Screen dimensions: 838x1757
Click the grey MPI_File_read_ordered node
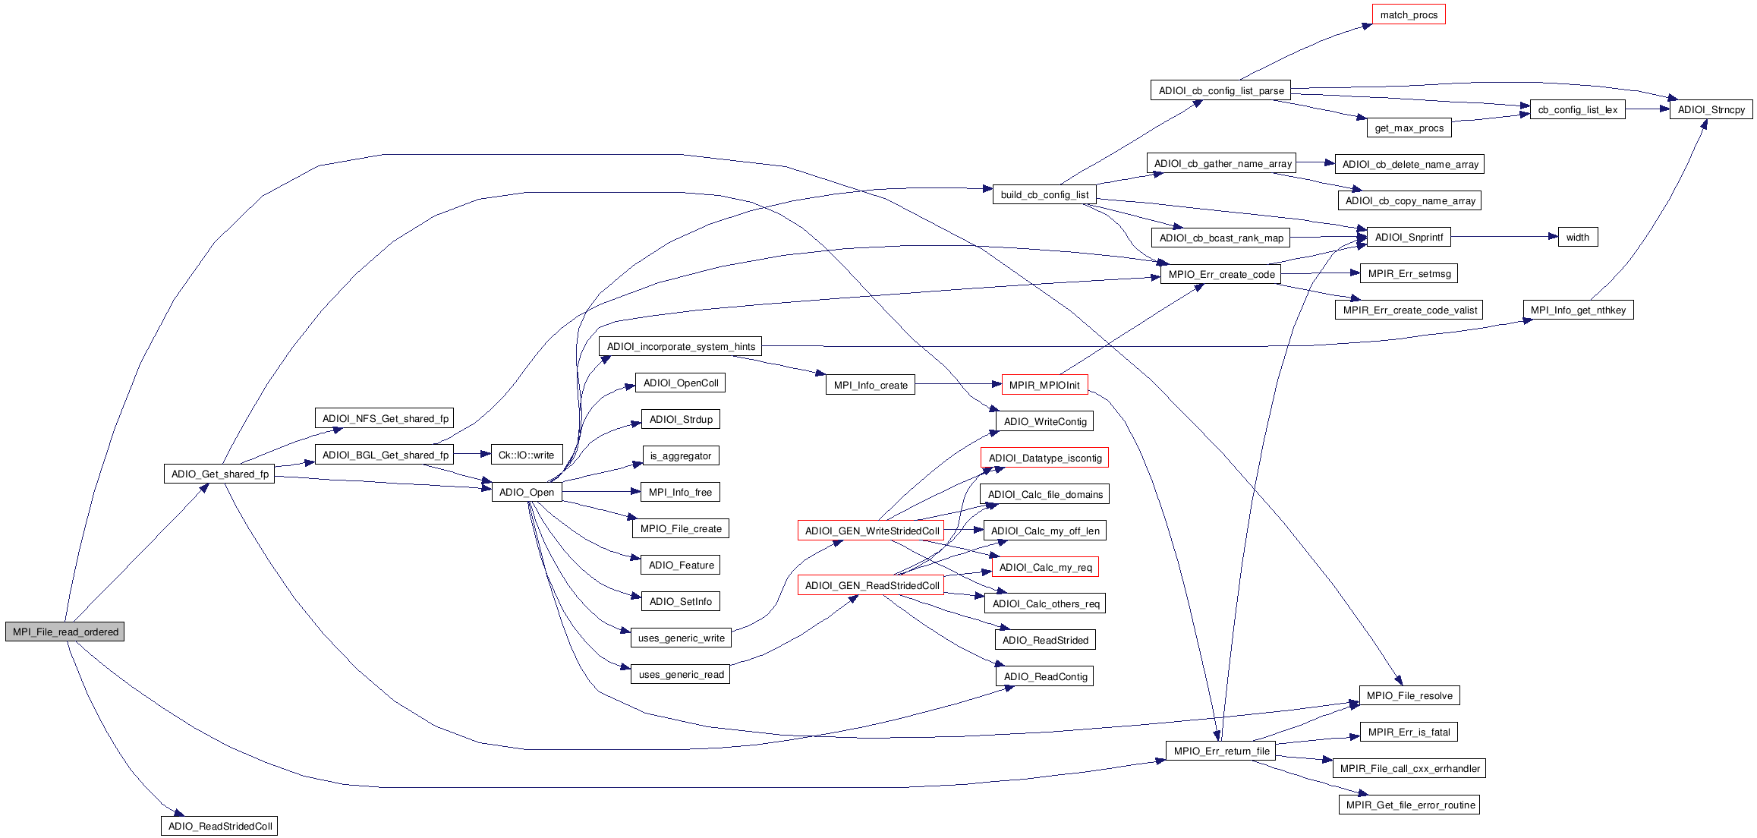(x=65, y=632)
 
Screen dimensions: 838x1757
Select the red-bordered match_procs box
(x=1409, y=14)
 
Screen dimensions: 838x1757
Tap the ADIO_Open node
(x=527, y=492)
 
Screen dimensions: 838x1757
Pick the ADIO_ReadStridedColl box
(x=219, y=826)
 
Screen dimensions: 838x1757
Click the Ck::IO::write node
(x=526, y=455)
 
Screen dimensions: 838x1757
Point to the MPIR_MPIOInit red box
(x=1044, y=385)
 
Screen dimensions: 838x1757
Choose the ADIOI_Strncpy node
(x=1711, y=109)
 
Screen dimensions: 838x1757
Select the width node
(x=1577, y=237)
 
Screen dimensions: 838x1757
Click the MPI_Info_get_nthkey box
(x=1578, y=310)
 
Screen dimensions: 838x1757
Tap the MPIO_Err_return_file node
(x=1221, y=751)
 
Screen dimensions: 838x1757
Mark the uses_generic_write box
(x=681, y=638)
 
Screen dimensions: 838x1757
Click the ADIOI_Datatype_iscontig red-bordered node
(x=1044, y=458)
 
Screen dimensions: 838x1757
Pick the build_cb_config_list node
(x=1044, y=194)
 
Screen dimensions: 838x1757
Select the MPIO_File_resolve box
(x=1409, y=695)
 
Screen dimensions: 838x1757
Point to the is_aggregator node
(x=681, y=455)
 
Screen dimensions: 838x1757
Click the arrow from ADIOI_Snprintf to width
(x=1504, y=237)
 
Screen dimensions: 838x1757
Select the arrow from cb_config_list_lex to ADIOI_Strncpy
(x=1647, y=109)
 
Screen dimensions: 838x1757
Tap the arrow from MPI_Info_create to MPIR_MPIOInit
(x=958, y=385)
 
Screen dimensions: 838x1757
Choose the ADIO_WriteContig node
(x=1044, y=421)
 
